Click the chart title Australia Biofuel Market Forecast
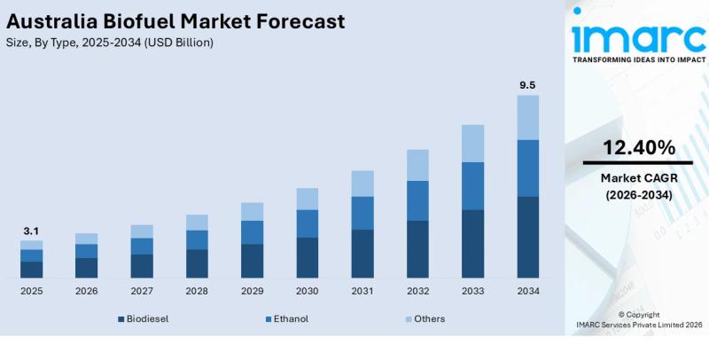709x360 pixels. (x=174, y=21)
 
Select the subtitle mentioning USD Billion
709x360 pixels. (x=109, y=43)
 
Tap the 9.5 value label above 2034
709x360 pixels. (x=526, y=85)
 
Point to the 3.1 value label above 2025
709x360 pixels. (x=31, y=231)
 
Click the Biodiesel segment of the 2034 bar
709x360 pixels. (x=527, y=237)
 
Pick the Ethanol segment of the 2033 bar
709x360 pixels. (x=473, y=186)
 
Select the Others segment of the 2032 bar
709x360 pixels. (x=417, y=165)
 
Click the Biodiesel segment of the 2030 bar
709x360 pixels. (x=308, y=257)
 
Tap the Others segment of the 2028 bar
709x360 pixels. (x=197, y=223)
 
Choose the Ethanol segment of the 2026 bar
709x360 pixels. (x=86, y=251)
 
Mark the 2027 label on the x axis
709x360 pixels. (x=142, y=291)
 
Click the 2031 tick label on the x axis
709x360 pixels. (x=362, y=291)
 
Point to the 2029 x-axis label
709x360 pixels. (x=252, y=291)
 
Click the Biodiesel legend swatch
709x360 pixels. (x=121, y=319)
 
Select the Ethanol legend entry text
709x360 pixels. (x=292, y=318)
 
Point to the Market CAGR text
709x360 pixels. (x=638, y=178)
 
